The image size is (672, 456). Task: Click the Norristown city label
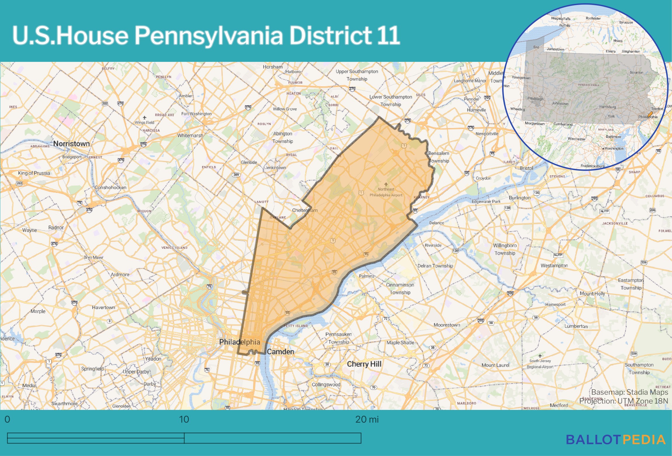point(71,144)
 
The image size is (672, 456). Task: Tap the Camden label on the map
point(280,352)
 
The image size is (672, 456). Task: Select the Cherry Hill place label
point(364,364)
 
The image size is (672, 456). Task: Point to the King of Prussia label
point(34,173)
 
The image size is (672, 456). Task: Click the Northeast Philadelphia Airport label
point(386,192)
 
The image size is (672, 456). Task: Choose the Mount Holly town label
point(592,293)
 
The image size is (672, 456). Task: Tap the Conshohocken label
point(110,187)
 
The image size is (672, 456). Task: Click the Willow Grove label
point(285,109)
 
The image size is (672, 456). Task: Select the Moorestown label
point(447,325)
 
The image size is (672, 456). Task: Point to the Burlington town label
point(519,198)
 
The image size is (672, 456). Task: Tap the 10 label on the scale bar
point(184,419)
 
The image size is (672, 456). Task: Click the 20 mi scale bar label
point(367,419)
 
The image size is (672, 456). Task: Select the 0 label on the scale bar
point(7,419)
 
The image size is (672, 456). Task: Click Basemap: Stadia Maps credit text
point(629,392)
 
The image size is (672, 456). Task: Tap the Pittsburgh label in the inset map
point(535,99)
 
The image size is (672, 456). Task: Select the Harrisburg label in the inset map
point(607,107)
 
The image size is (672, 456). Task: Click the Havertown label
point(103,307)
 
